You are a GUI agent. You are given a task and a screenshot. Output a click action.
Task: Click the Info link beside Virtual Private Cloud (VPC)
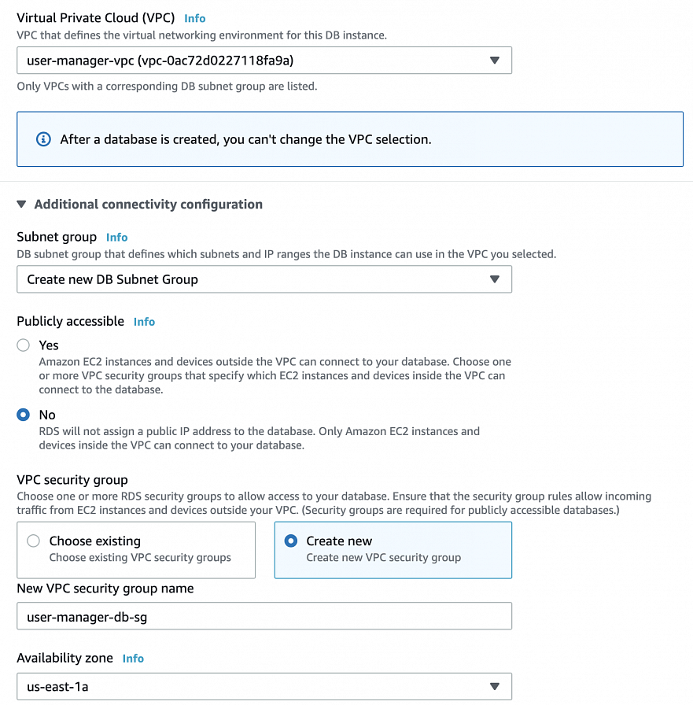[194, 18]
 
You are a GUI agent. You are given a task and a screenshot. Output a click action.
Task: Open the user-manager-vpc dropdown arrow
[494, 61]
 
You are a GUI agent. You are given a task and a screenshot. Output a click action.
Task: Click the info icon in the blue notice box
[44, 139]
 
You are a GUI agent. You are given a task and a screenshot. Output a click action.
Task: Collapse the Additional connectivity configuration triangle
[22, 205]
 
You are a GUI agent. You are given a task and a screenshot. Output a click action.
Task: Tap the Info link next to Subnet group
[116, 237]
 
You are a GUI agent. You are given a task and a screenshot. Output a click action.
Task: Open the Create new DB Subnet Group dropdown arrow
[494, 279]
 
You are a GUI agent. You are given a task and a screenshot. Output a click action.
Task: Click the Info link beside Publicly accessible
[144, 322]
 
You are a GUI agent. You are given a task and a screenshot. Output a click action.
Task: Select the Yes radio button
[24, 345]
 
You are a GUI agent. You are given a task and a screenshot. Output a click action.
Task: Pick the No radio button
[24, 415]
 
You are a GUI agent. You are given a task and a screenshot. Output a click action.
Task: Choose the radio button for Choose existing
[33, 541]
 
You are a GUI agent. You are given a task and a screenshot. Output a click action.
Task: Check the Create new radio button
[291, 541]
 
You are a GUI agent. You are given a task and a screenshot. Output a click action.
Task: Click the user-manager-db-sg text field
[264, 616]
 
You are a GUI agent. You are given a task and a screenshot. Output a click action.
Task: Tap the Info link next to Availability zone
[133, 659]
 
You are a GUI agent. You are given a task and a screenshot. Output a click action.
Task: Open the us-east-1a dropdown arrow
[494, 686]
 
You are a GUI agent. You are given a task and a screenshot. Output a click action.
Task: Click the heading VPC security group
[72, 480]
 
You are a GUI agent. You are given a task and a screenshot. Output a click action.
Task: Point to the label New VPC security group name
[105, 589]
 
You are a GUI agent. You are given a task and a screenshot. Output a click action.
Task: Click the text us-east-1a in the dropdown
[57, 687]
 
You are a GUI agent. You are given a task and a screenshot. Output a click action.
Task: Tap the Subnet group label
[57, 237]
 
